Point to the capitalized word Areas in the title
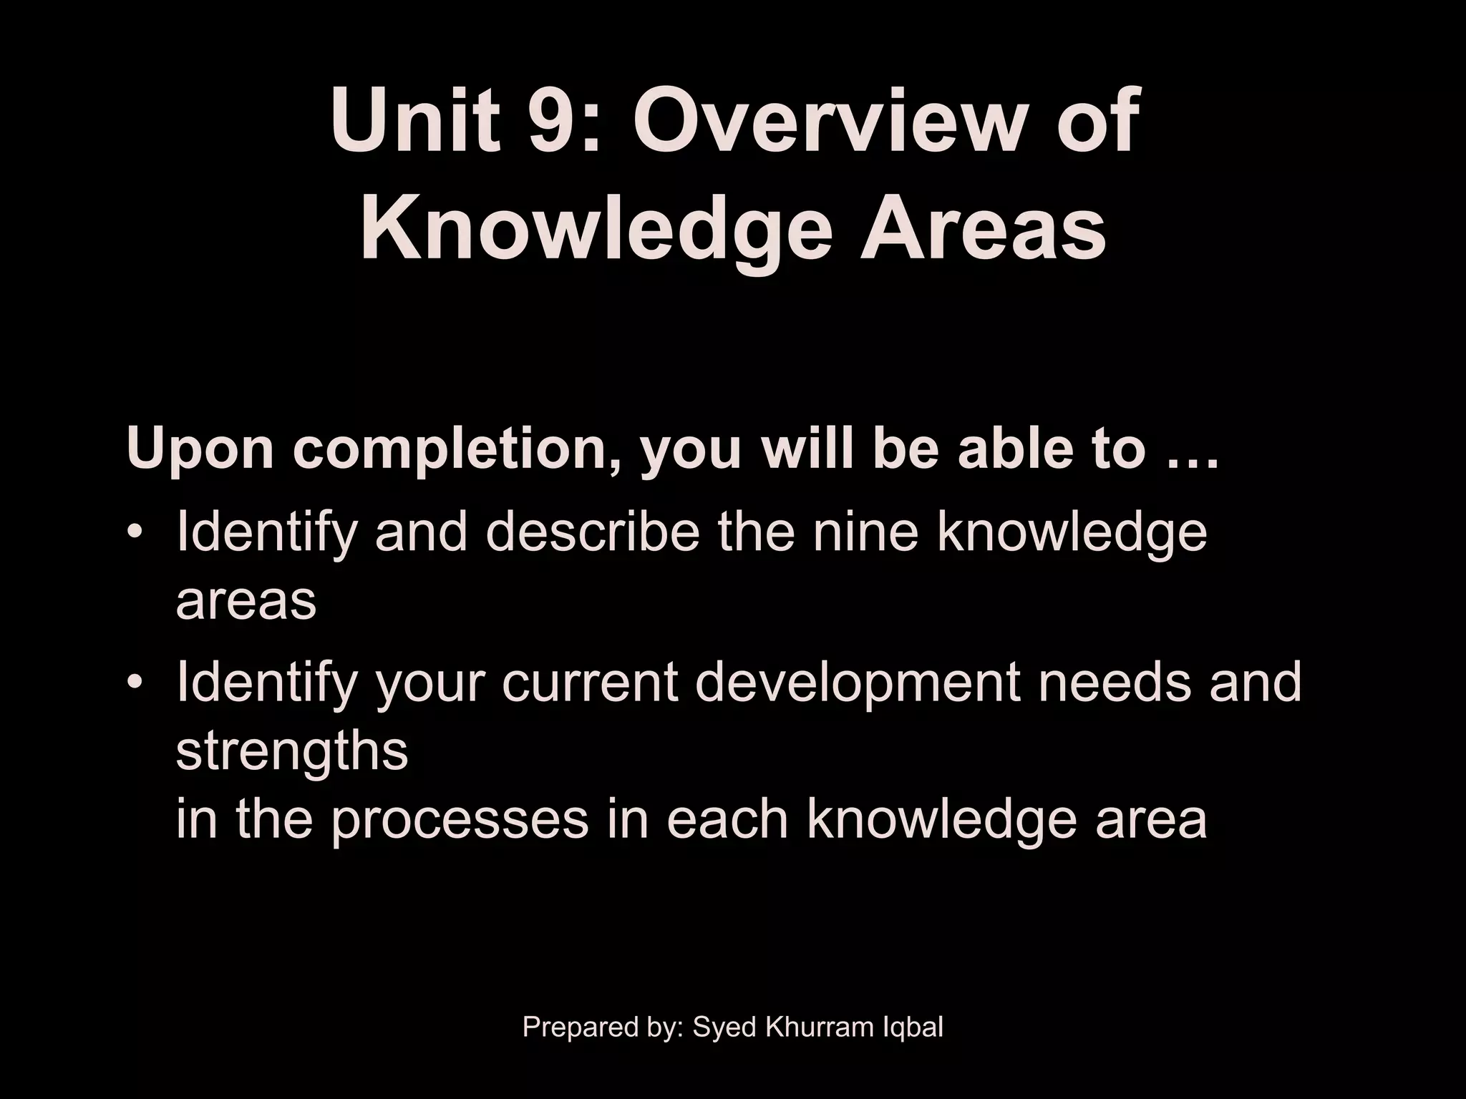[x=982, y=228]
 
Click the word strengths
[x=292, y=751]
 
